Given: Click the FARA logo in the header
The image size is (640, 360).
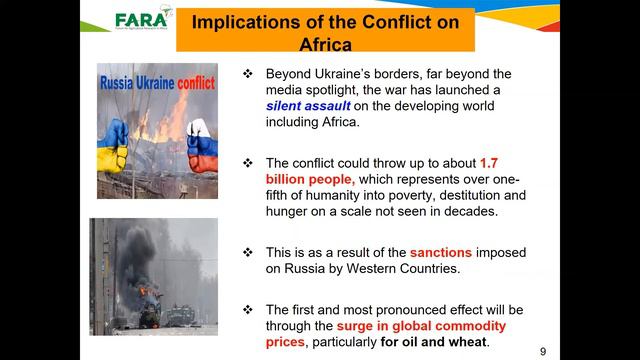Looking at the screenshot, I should [x=139, y=21].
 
